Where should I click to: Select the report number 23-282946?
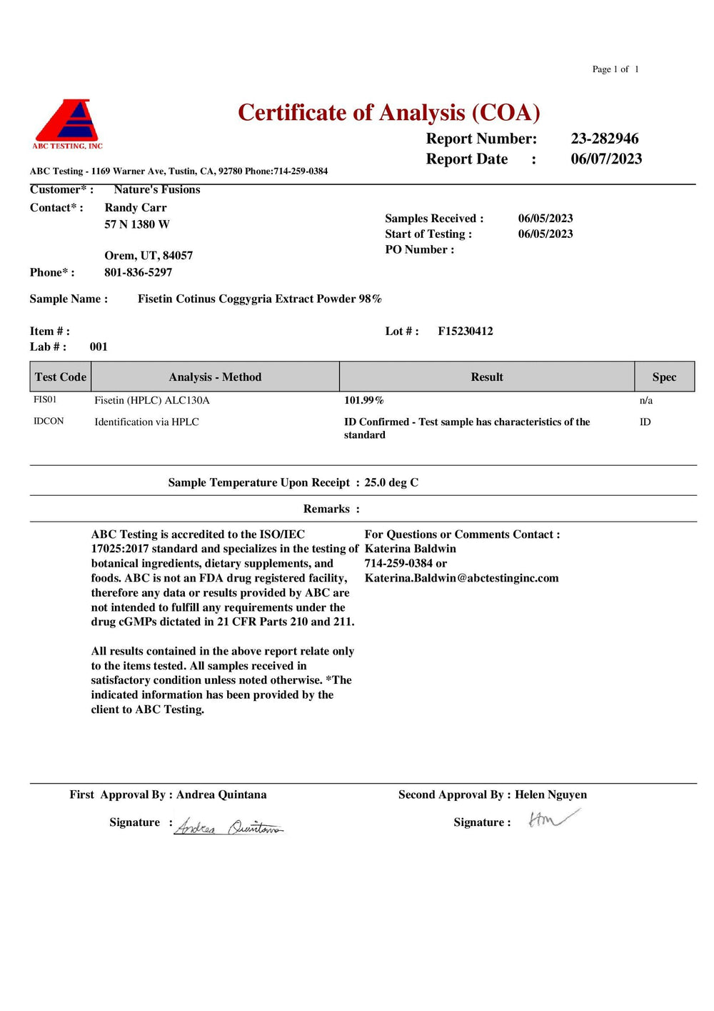(604, 139)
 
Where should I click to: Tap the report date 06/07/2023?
(605, 159)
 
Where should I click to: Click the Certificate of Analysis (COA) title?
(388, 113)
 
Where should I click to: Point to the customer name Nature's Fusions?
(156, 189)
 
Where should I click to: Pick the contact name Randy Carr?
(135, 207)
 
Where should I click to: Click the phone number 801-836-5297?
(138, 272)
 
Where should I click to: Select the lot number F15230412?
(465, 331)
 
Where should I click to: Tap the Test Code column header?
(61, 377)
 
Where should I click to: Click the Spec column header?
(663, 377)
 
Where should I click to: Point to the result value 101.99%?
(363, 400)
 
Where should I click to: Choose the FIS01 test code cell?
(45, 399)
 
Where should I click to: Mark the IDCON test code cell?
(49, 421)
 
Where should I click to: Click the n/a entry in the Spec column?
(645, 400)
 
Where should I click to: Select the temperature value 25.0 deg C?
(391, 482)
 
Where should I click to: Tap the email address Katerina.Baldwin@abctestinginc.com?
(461, 578)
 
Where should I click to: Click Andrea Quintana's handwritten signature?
(228, 827)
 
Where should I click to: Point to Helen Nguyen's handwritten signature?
(553, 819)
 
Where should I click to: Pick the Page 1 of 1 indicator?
(615, 69)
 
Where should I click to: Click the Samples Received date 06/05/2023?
(545, 218)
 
